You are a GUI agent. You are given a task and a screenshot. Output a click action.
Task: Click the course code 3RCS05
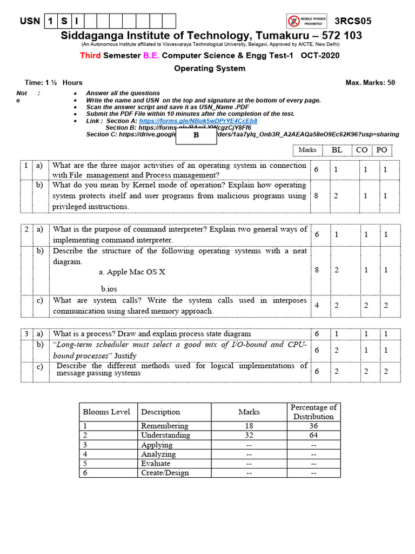pos(353,22)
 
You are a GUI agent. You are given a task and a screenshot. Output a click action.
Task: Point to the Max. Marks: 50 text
pos(370,83)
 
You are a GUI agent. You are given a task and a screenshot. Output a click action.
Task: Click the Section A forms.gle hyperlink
pos(198,121)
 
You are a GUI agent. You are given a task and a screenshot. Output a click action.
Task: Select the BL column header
pos(337,150)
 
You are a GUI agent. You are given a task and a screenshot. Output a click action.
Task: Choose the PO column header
pos(381,150)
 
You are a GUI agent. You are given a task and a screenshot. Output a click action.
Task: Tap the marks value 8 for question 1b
pos(317,196)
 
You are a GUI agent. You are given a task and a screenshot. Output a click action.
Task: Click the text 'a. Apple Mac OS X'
pos(132,272)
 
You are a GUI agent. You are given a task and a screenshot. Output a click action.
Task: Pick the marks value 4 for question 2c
pos(317,306)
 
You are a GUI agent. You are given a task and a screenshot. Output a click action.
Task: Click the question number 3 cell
pos(26,334)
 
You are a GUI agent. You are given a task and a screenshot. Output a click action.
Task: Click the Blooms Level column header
pos(106,412)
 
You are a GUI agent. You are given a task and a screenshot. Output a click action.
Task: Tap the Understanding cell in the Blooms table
pos(165,435)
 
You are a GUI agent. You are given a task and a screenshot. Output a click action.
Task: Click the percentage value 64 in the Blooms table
pos(313,435)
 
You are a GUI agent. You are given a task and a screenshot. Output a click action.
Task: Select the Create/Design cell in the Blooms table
pos(165,473)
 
